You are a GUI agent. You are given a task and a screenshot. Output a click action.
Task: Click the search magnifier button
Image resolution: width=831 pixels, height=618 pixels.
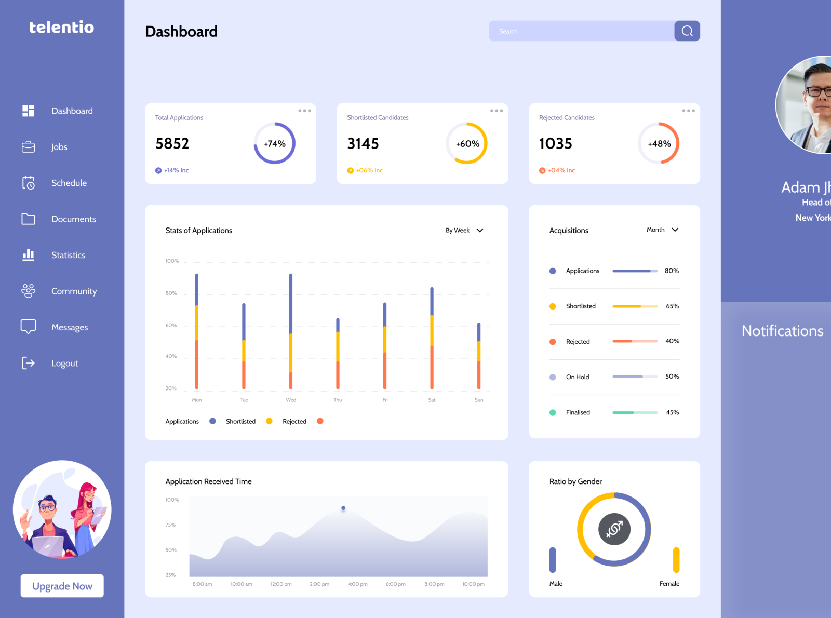click(687, 31)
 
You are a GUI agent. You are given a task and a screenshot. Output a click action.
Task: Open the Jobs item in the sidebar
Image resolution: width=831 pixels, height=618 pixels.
click(59, 147)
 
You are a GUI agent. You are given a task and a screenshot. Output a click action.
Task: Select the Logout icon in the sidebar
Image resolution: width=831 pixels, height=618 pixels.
click(28, 363)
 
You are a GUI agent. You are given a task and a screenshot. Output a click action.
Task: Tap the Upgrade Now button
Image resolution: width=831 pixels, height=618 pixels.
click(62, 586)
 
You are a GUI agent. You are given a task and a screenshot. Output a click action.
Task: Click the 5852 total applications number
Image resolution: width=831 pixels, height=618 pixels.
click(172, 143)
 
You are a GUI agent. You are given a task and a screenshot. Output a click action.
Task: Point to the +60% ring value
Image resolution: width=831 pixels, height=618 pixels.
click(467, 144)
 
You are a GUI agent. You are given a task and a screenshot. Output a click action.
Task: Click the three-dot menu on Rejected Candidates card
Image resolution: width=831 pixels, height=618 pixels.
click(688, 111)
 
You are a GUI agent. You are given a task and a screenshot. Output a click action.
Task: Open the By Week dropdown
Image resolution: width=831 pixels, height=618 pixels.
click(464, 231)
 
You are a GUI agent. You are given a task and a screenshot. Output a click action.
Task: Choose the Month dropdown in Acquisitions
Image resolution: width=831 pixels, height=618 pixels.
click(662, 230)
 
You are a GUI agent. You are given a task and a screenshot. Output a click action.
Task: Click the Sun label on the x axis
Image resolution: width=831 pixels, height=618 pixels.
click(479, 400)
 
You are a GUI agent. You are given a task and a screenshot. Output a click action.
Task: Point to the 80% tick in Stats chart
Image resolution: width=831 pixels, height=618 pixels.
click(171, 293)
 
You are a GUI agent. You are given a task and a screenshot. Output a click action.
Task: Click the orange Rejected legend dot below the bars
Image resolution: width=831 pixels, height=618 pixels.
click(320, 421)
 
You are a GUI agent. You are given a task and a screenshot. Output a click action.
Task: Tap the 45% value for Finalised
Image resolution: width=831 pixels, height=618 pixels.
click(672, 412)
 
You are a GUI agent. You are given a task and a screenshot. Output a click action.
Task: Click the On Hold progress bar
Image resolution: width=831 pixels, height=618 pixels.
click(635, 377)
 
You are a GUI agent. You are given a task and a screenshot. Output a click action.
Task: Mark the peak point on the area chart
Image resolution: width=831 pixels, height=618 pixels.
click(343, 508)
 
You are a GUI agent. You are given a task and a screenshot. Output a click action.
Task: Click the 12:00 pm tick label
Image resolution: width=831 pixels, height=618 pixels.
click(280, 584)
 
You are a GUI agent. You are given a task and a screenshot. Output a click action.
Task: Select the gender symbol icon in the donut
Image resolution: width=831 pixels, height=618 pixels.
click(614, 529)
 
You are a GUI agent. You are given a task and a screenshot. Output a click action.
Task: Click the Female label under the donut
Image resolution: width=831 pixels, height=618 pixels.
click(669, 584)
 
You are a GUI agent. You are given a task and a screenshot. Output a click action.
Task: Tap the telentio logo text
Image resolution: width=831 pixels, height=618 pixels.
click(62, 28)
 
